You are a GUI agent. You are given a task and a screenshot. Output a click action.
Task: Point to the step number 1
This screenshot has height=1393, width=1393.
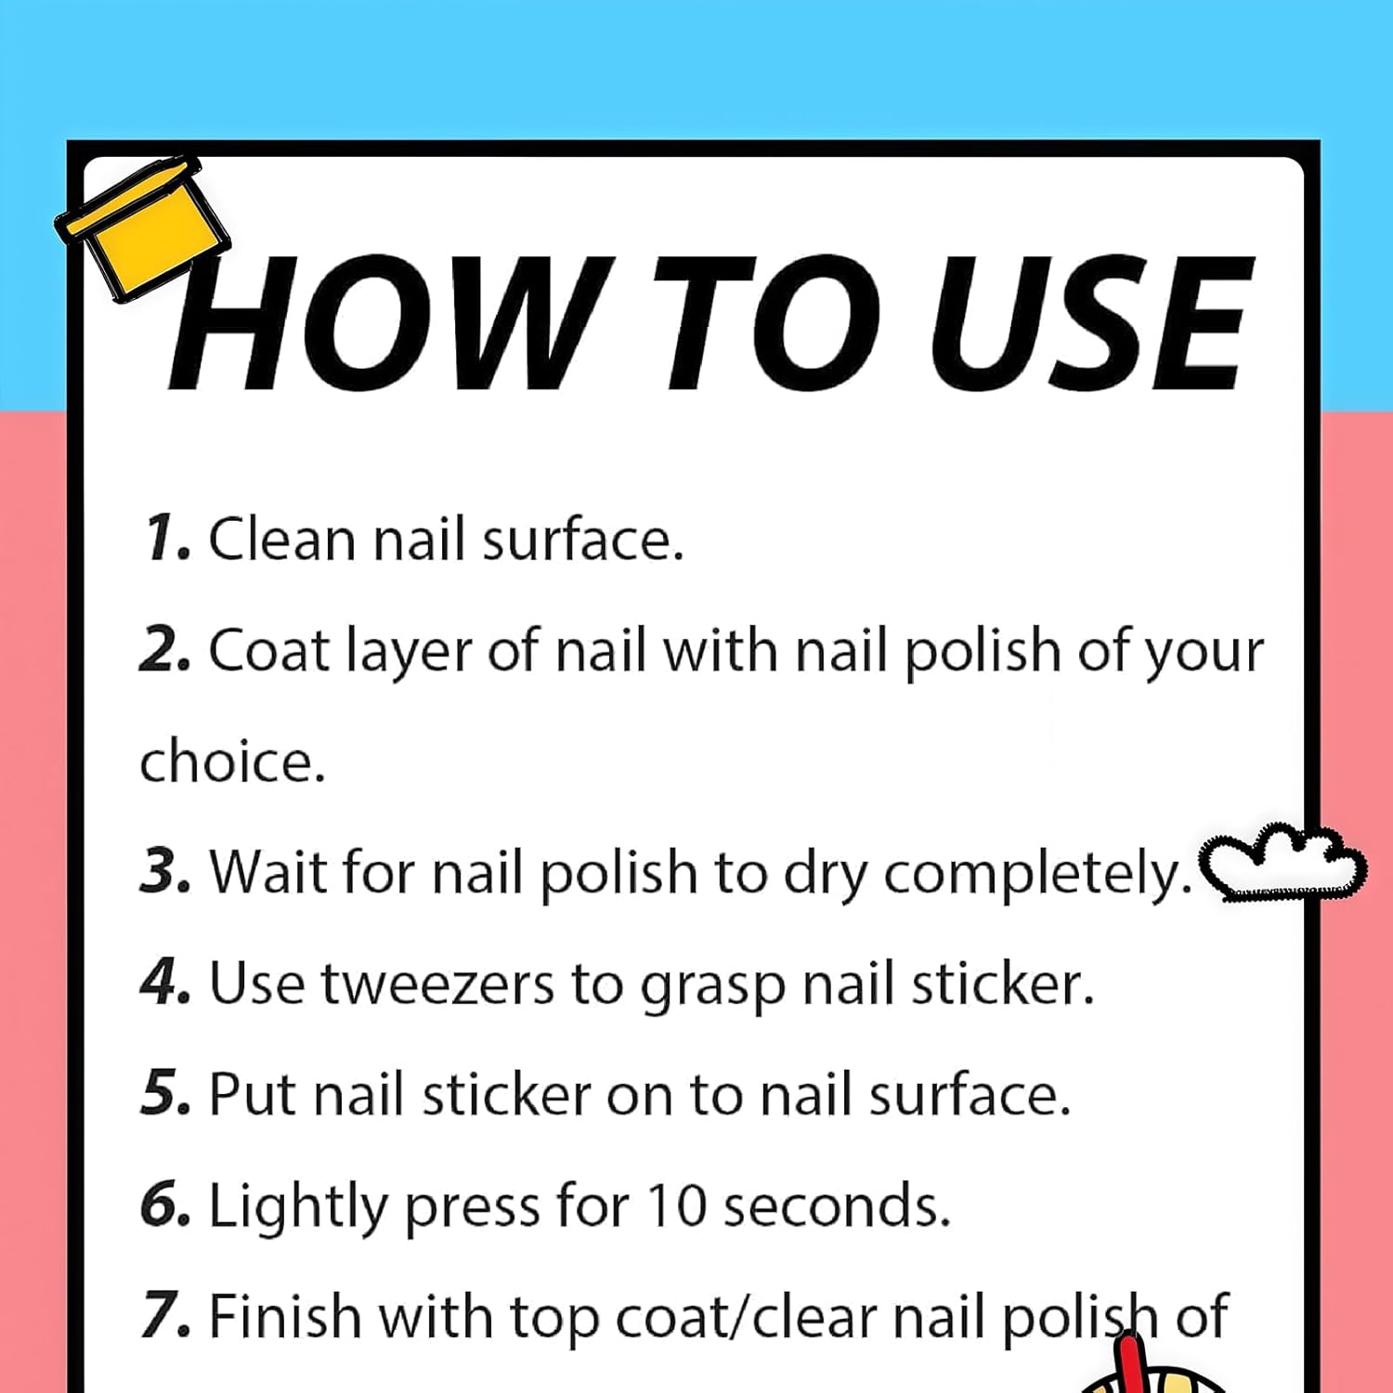(x=165, y=539)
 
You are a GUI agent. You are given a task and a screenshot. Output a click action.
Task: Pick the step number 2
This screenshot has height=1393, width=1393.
(x=165, y=650)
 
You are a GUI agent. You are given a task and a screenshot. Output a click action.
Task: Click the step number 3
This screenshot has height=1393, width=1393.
(x=165, y=873)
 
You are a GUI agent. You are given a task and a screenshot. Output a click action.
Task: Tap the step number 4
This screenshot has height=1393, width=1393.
(x=165, y=983)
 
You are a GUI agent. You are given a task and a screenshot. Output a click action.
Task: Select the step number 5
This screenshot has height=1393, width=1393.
(x=165, y=1094)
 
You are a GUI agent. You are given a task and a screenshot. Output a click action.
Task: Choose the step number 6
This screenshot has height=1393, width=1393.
(x=165, y=1205)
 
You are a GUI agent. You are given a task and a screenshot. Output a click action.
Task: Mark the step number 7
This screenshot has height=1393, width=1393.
(x=165, y=1317)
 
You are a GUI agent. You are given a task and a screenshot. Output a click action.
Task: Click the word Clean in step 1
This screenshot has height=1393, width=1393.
(x=282, y=539)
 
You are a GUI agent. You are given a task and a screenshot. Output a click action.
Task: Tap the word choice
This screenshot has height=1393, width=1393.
(x=232, y=762)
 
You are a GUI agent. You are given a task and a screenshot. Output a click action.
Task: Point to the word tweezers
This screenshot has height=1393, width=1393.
(x=437, y=984)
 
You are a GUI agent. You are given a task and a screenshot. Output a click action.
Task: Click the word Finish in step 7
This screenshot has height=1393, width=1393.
(x=285, y=1317)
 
